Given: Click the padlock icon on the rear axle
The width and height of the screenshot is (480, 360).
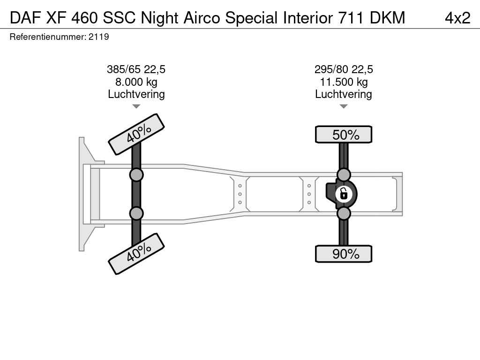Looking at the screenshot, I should [344, 193].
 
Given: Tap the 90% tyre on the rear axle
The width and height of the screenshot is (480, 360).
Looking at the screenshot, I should [344, 254].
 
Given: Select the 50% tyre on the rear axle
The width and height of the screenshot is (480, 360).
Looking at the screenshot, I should [344, 135].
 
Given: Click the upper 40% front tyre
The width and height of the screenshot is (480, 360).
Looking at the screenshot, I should [136, 134].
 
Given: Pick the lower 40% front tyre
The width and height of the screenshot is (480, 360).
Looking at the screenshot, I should [136, 254].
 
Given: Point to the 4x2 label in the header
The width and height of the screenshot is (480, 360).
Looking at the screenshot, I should [457, 17].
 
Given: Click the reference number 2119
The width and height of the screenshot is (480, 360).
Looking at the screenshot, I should [98, 37].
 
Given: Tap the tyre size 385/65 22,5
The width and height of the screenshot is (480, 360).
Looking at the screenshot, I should [136, 69].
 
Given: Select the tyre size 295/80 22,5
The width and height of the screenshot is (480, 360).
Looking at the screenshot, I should [344, 69].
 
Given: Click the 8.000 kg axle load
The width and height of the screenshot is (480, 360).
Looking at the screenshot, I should [136, 82].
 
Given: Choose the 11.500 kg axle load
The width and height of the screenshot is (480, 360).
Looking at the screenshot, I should [344, 82].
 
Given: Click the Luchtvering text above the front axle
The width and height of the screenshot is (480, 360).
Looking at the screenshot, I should [136, 94].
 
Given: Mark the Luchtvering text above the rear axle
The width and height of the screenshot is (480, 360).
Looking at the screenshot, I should [344, 94].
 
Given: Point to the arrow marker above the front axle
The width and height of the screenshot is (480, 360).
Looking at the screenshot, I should [136, 106].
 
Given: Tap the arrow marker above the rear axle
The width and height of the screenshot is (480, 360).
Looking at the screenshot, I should [344, 106].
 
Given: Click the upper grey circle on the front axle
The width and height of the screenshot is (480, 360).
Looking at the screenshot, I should [136, 175].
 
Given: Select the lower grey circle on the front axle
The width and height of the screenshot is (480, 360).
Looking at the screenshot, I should [136, 214].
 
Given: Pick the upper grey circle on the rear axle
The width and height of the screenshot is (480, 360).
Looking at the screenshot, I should [344, 174].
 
